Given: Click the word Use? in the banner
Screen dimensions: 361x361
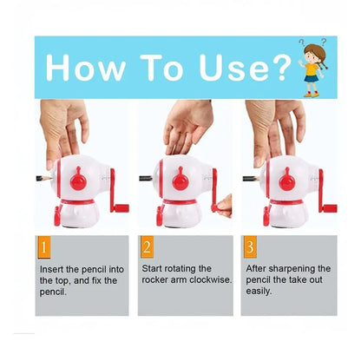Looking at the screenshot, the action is (x=245, y=68).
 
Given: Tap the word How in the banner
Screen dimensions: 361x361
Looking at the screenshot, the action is (x=86, y=68).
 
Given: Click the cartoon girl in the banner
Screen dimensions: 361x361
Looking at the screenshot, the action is (x=313, y=68).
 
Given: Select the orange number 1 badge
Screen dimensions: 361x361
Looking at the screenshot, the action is (x=43, y=247).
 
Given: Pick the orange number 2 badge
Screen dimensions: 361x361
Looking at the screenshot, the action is (x=147, y=247).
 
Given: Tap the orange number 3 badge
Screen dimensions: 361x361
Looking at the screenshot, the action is (x=250, y=247).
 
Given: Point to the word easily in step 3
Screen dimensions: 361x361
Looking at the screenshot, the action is (x=259, y=292).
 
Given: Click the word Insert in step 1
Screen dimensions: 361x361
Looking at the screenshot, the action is (x=52, y=269).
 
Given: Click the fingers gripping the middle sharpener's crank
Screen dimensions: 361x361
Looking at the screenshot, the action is (x=224, y=206).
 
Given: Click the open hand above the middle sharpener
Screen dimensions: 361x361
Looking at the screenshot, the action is (x=188, y=127).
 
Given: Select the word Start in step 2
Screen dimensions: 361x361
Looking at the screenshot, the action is (x=152, y=269).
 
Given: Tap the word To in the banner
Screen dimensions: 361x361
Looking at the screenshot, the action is (x=162, y=68).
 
